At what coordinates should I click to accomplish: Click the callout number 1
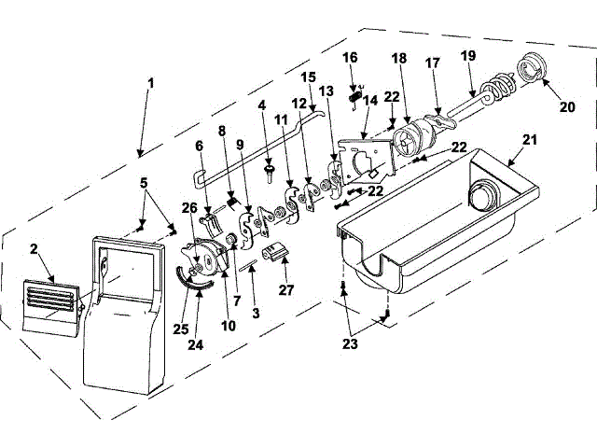[x=151, y=82]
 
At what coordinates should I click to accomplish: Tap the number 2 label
[x=35, y=249]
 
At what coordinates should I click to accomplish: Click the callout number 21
[x=530, y=140]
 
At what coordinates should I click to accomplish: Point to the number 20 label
[x=568, y=106]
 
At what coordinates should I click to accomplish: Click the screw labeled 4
[x=270, y=172]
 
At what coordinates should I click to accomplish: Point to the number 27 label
[x=286, y=290]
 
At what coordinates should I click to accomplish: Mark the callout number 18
[x=399, y=58]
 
